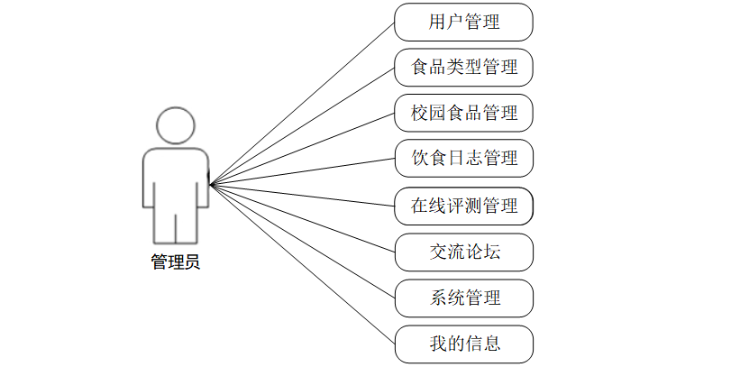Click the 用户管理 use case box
click(463, 23)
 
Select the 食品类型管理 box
click(463, 68)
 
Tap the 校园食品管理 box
click(463, 114)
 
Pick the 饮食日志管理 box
click(463, 159)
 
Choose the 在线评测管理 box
click(463, 206)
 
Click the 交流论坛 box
click(463, 252)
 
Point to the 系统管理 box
click(463, 298)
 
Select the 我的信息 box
click(463, 344)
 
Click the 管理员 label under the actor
click(175, 262)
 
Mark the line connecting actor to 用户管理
click(302, 103)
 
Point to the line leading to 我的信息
click(302, 264)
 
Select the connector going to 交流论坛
click(302, 217)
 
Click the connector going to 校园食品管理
click(302, 149)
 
